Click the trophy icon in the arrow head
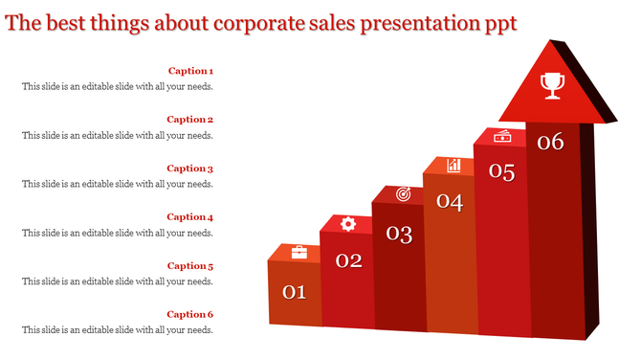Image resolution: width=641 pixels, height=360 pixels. [x=552, y=85]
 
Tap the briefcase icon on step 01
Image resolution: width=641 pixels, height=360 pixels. [x=298, y=252]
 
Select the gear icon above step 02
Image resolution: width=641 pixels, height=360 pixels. [x=348, y=223]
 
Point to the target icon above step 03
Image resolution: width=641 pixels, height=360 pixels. [x=403, y=194]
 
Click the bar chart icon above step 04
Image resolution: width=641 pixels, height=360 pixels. [x=453, y=166]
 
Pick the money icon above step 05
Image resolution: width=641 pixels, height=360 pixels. [x=502, y=137]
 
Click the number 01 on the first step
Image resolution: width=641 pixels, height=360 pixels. [x=294, y=292]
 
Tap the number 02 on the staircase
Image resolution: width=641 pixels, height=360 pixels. [x=348, y=260]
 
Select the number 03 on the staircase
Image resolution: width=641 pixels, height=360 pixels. [x=399, y=233]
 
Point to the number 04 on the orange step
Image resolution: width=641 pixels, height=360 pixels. [x=450, y=202]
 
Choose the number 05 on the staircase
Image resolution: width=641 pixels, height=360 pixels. [x=502, y=172]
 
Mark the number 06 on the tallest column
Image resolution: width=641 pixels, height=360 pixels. [x=550, y=143]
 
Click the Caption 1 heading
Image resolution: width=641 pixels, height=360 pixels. [x=190, y=71]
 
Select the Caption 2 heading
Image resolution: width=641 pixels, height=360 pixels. [x=190, y=120]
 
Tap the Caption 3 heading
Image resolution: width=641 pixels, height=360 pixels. [x=190, y=169]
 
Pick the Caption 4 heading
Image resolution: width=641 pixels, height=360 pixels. [x=190, y=217]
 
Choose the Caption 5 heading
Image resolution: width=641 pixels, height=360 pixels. [x=190, y=266]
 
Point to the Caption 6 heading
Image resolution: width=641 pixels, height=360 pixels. [x=190, y=315]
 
